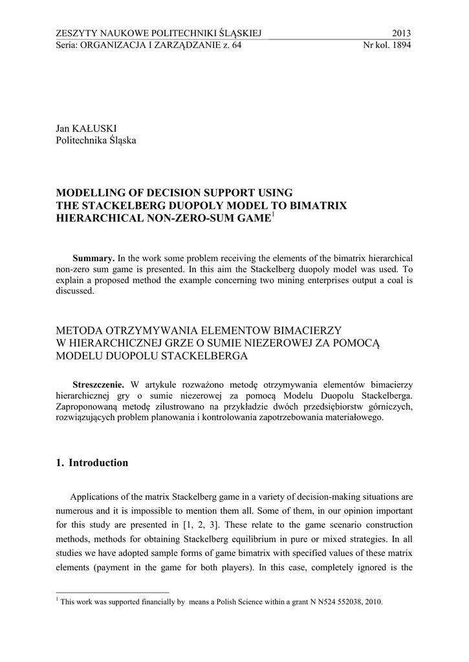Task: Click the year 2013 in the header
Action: (401, 34)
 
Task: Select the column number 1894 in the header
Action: (400, 45)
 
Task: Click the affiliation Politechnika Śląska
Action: (96, 140)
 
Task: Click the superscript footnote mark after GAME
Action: (273, 215)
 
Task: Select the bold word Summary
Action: (94, 258)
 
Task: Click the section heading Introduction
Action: (98, 463)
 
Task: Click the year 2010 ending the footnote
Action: (371, 602)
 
